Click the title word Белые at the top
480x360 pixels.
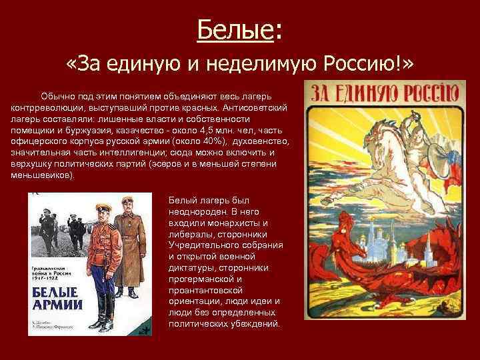coord(235,29)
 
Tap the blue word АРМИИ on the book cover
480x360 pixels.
coord(55,308)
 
